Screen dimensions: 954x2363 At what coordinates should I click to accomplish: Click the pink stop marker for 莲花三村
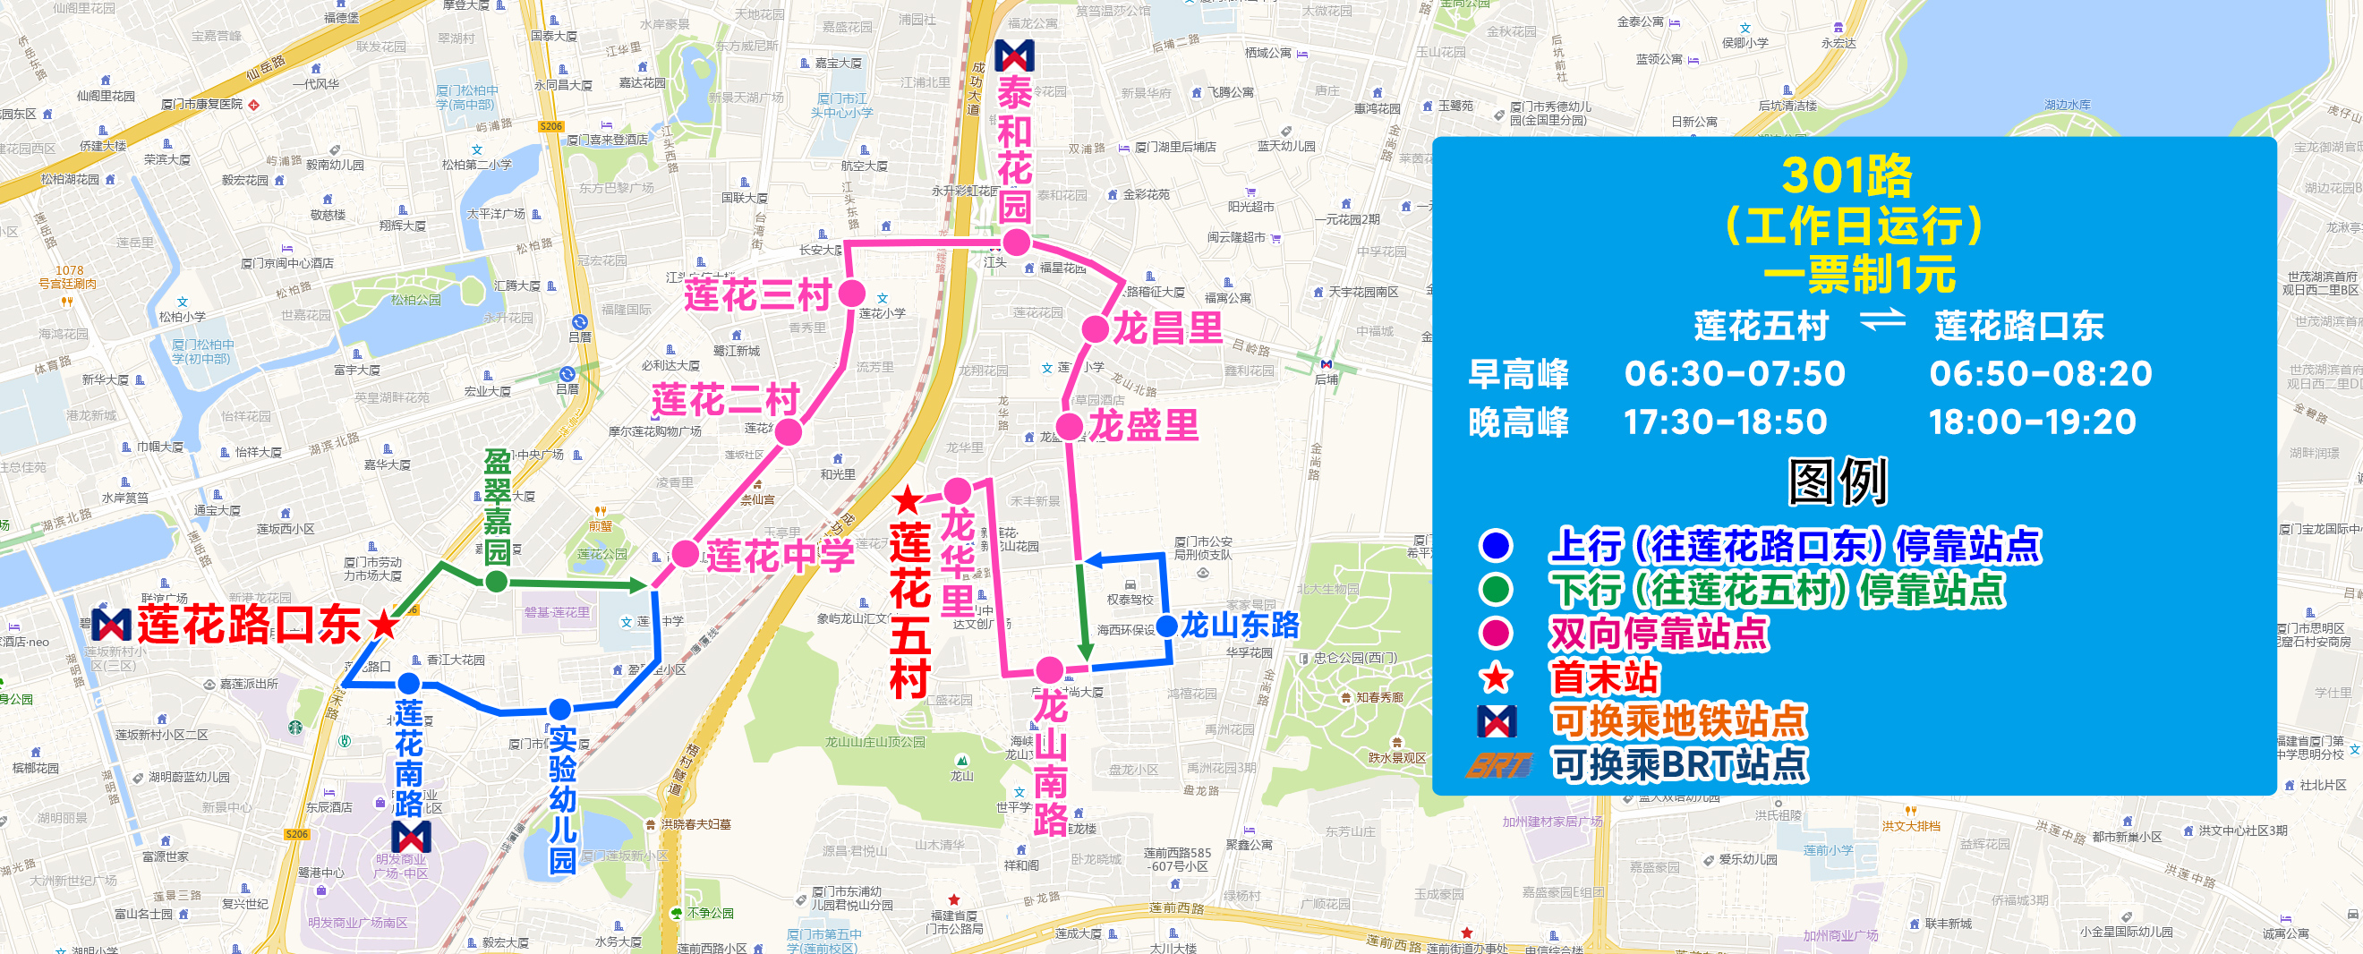852,294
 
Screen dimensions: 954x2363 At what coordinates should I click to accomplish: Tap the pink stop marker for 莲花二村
788,431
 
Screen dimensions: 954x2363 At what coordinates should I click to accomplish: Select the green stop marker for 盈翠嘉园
496,581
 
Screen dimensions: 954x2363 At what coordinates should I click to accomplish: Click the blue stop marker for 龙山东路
1167,626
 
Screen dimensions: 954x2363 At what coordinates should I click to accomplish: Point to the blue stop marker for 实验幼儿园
560,709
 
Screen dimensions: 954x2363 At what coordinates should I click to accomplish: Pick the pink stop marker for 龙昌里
1096,329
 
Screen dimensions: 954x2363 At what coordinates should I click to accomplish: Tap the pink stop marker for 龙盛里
1070,427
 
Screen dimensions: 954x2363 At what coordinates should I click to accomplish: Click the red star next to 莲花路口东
383,626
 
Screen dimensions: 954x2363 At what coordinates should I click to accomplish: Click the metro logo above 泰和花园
1014,56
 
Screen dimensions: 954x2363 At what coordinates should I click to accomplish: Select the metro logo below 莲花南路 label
411,837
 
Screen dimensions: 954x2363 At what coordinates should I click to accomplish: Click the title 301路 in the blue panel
1847,175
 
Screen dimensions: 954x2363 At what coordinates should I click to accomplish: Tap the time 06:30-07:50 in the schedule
1734,373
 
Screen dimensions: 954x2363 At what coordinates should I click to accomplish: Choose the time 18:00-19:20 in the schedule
2032,422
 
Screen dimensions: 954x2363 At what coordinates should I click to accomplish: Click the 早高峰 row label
1518,373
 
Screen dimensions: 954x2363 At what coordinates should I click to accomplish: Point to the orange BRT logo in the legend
1498,765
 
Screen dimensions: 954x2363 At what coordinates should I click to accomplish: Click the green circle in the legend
1497,589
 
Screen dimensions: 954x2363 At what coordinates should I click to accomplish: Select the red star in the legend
1497,677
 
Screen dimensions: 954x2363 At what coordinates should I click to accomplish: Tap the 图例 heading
1838,481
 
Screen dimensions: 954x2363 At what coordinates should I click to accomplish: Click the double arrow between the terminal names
1881,322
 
